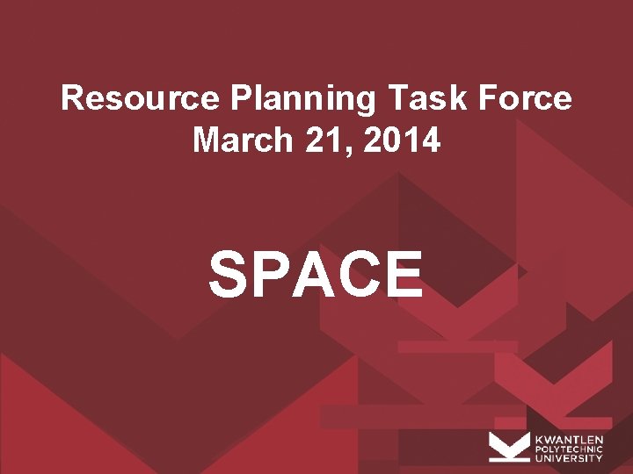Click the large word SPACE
coord(316,273)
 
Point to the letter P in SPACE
coord(271,273)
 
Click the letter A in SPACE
coord(314,273)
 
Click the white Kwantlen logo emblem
coord(509,447)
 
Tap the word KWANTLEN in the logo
coord(569,438)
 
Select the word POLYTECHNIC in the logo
coord(569,448)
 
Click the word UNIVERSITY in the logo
coord(569,457)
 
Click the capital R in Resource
coord(72,98)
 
